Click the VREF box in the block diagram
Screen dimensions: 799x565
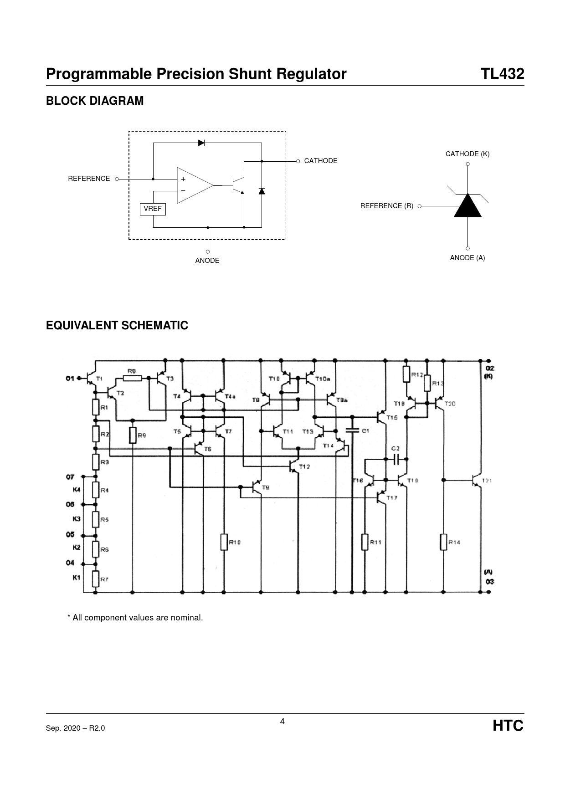tap(153, 209)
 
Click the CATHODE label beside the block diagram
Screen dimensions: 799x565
tap(321, 161)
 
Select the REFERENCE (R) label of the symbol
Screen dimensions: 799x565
tap(387, 206)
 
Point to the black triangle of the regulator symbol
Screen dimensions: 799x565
tap(467, 206)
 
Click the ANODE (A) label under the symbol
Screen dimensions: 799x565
tap(467, 258)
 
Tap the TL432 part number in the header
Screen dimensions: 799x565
tap(503, 74)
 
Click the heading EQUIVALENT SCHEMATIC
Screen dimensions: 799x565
tap(117, 326)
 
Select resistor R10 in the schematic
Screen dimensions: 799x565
tap(224, 542)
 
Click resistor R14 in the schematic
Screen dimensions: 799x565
tap(443, 542)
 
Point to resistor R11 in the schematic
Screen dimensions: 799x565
tap(365, 542)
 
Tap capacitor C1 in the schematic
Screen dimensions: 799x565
tap(352, 430)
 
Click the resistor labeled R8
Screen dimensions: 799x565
tap(132, 378)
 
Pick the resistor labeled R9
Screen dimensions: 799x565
tap(133, 435)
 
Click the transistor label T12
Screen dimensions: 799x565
tap(304, 466)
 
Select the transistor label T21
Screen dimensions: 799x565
tap(487, 481)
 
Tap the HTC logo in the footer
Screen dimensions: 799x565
tap(508, 726)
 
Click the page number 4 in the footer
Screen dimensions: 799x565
tap(282, 722)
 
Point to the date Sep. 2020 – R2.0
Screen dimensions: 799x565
tap(75, 728)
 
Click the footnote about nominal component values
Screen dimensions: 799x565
tap(135, 618)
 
